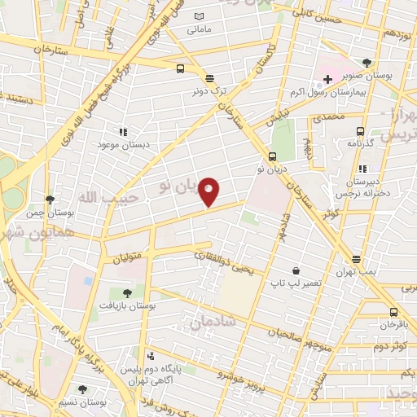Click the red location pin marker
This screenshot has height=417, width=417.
(209, 191)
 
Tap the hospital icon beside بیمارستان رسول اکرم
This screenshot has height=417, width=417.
(327, 80)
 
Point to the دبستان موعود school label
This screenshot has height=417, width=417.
(121, 144)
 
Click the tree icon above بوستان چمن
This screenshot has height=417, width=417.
(50, 199)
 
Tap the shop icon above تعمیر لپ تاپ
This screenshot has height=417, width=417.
(294, 270)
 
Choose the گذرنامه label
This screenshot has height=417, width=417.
(359, 143)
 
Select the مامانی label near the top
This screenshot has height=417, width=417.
(199, 30)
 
